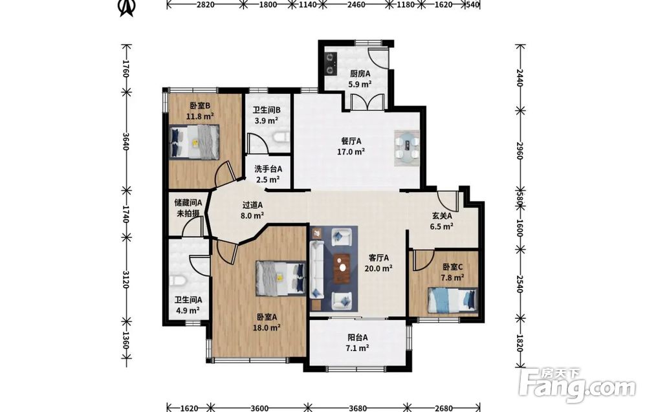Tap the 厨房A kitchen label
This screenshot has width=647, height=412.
click(360, 73)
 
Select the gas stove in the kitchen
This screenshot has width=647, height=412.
click(331, 63)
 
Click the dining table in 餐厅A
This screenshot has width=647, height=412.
click(407, 148)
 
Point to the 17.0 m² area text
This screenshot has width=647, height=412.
click(351, 151)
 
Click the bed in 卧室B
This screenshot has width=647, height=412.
click(194, 142)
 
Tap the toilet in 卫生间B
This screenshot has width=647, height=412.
click(281, 137)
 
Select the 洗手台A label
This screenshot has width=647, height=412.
click(269, 169)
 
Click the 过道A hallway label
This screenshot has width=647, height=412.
click(252, 204)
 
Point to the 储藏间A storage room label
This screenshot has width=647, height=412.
click(188, 202)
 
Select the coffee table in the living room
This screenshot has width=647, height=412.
click(342, 267)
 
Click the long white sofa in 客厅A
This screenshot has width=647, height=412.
click(317, 269)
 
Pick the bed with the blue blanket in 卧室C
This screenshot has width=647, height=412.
click(453, 300)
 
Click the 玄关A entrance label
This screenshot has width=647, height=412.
click(442, 215)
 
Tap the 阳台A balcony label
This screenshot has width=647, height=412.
click(358, 338)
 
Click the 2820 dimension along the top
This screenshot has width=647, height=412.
click(204, 5)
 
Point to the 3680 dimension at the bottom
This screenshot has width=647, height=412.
click(357, 408)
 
